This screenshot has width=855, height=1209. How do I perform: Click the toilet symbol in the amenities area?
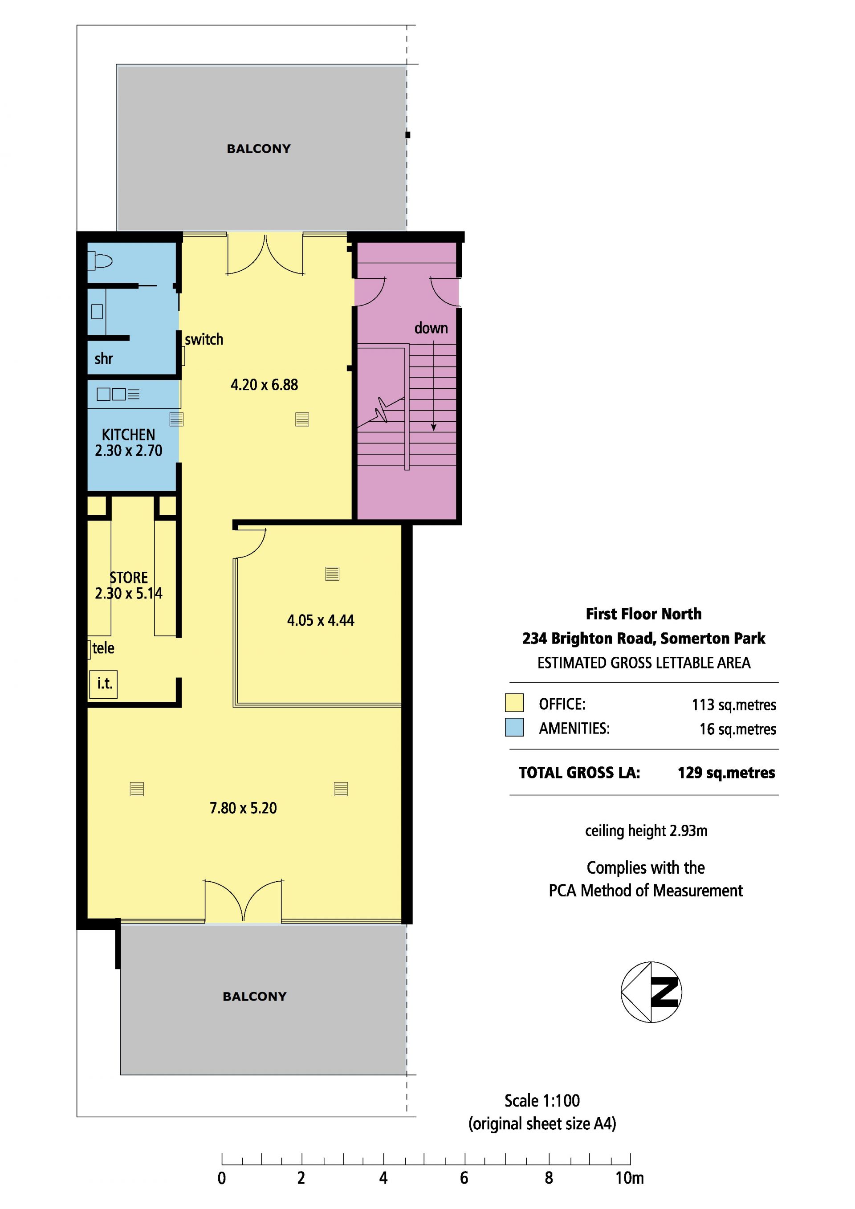pos(100,260)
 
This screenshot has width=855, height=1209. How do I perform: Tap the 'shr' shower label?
pos(104,358)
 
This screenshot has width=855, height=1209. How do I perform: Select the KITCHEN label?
pos(128,435)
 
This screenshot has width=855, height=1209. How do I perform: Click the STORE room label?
pos(128,578)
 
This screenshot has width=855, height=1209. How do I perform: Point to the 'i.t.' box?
pos(103,684)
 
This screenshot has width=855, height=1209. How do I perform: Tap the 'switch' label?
pos(204,340)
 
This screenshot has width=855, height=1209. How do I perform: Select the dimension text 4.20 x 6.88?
pos(264,385)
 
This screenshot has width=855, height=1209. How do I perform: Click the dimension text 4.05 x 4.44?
pos(321,620)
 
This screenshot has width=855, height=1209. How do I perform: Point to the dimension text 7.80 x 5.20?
pos(243,808)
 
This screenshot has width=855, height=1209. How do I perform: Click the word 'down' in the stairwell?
pos(431,328)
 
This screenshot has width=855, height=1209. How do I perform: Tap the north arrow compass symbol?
pos(651,992)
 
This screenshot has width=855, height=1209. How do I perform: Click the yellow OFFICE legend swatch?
pos(514,703)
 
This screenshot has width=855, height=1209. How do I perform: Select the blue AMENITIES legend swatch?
pos(514,727)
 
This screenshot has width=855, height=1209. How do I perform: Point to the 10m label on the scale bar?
pos(630,1178)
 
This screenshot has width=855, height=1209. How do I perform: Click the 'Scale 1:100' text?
pos(542,1100)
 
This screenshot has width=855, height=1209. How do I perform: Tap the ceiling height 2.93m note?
pos(646,831)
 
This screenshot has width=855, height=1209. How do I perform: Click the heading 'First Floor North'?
pos(643,614)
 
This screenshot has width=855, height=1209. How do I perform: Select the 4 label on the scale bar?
pos(383,1178)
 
